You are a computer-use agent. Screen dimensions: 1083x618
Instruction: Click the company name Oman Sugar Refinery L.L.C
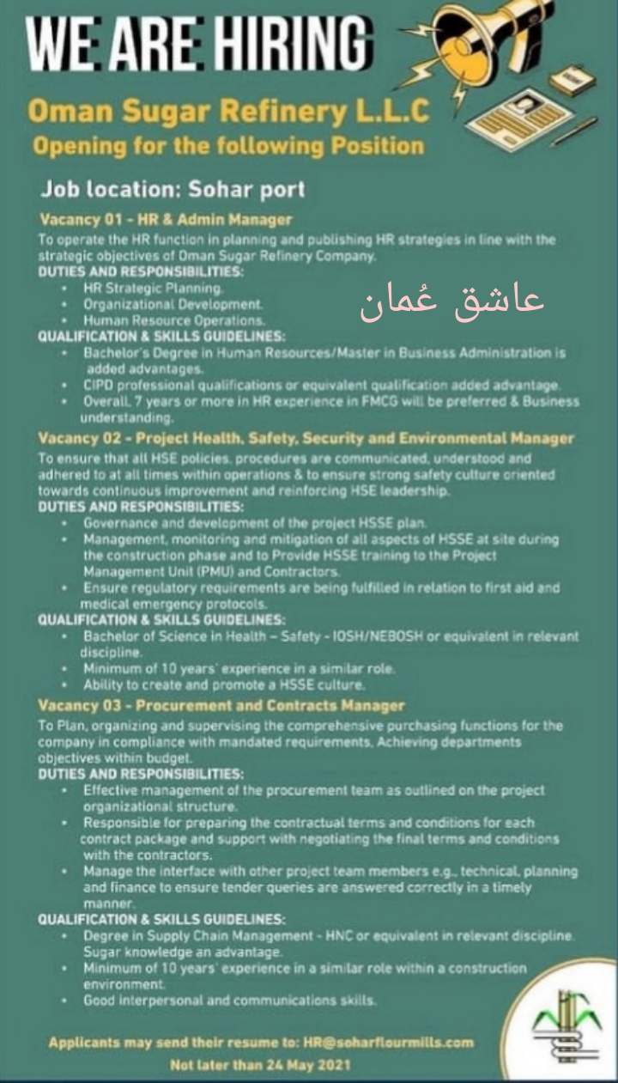tap(227, 111)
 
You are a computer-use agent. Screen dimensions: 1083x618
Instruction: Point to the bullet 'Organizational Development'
tap(173, 304)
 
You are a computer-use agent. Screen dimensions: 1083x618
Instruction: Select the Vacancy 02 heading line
tap(306, 438)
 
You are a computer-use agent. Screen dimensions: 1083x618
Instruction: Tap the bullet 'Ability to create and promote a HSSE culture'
tap(224, 685)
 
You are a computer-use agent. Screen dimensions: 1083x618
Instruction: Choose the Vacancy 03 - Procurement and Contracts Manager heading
tap(221, 705)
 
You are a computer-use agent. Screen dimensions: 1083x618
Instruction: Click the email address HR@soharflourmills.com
tap(388, 1043)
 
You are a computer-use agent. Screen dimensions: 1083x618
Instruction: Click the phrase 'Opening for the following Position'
tap(227, 145)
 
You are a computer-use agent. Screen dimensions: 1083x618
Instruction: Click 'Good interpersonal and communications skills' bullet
tap(229, 1001)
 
